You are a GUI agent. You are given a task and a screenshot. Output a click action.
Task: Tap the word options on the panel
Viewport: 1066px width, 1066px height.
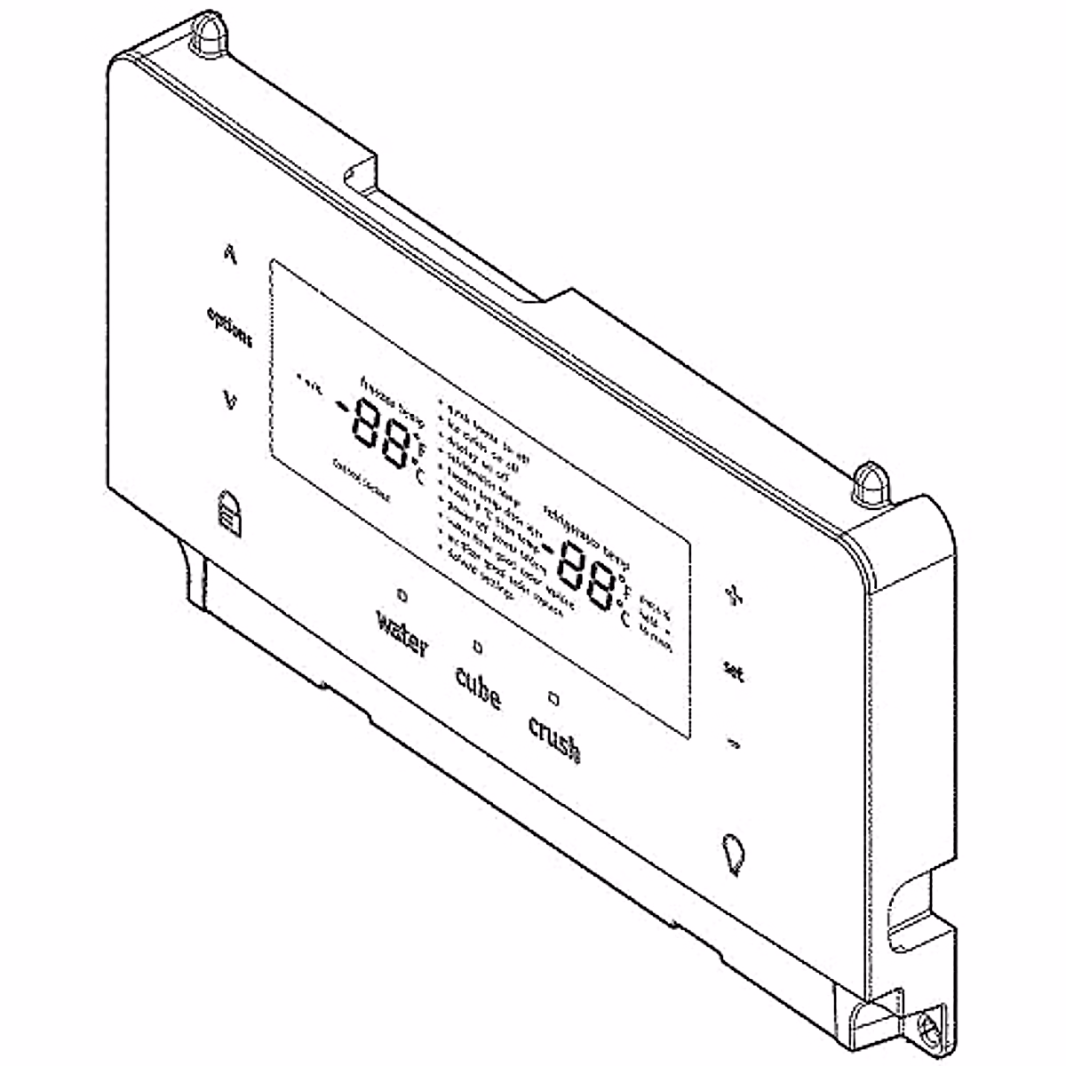point(229,327)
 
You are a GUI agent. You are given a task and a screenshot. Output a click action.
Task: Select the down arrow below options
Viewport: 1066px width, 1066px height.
point(230,401)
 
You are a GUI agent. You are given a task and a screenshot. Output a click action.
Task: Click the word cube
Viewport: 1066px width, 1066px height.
point(478,687)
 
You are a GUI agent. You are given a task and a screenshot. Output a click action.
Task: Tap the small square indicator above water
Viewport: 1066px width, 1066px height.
point(402,593)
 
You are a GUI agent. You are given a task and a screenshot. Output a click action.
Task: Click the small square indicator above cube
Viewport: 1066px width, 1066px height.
point(478,646)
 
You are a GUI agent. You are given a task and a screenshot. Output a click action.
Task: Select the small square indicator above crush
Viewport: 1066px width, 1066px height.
point(553,698)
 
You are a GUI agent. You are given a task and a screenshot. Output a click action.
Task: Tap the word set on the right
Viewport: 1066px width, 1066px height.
point(734,672)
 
